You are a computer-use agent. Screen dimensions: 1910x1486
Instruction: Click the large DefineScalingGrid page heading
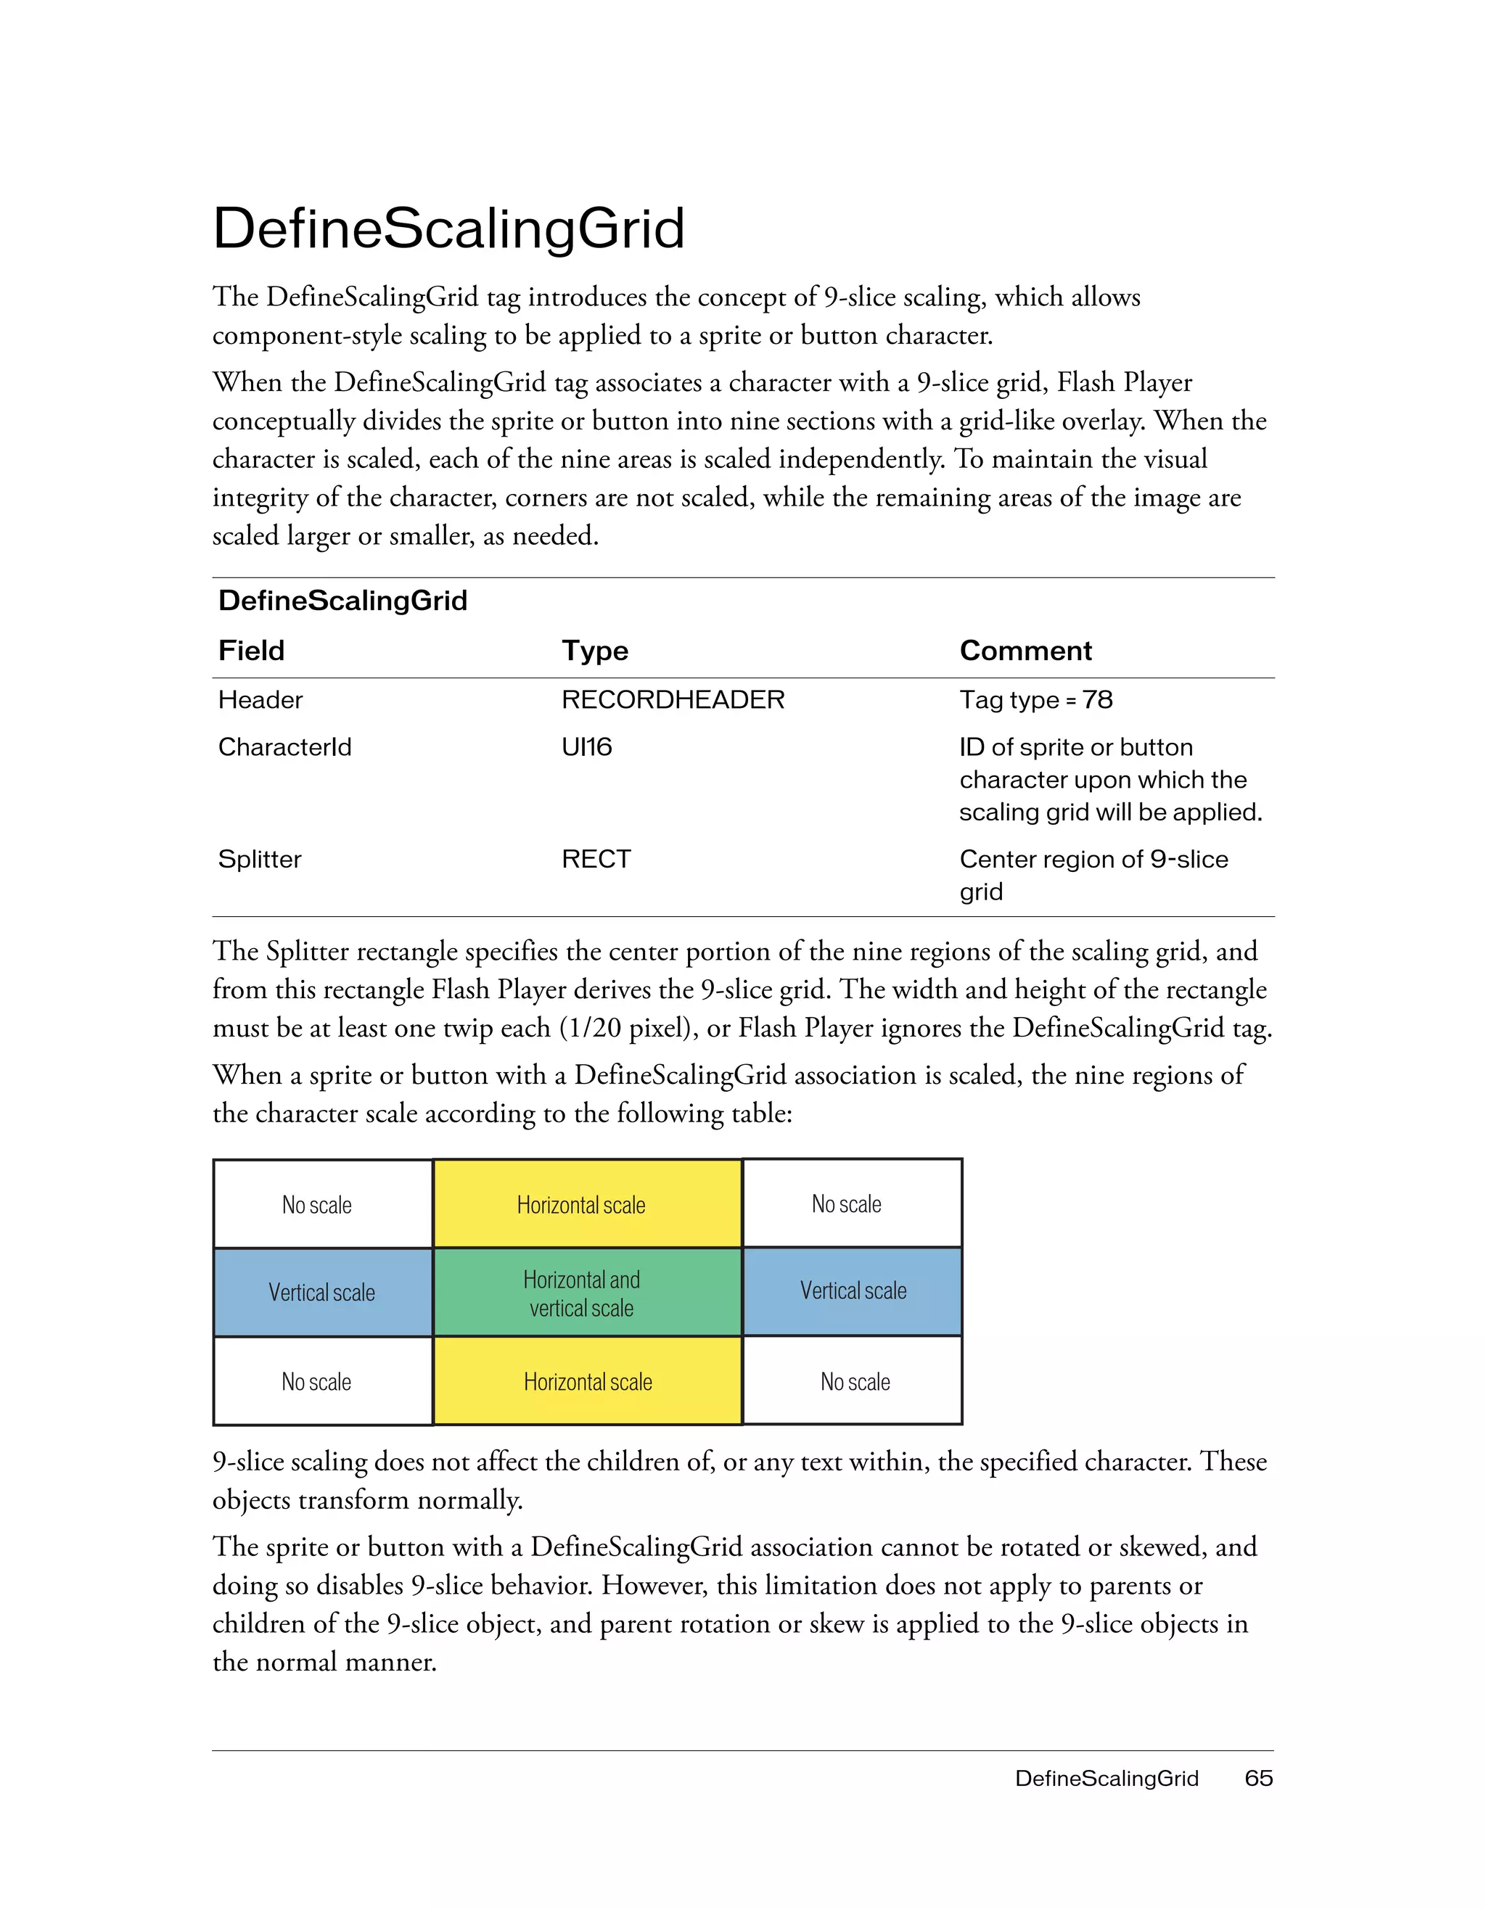click(x=448, y=229)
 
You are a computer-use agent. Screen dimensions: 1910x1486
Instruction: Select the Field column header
click(x=251, y=651)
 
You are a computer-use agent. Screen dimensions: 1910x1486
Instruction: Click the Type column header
click(x=595, y=651)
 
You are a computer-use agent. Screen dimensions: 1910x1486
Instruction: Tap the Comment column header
click(x=1025, y=651)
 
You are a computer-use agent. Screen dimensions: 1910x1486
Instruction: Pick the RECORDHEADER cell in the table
click(x=673, y=699)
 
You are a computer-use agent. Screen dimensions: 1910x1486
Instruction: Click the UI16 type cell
click(x=586, y=747)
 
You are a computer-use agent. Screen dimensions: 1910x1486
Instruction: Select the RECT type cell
click(x=596, y=859)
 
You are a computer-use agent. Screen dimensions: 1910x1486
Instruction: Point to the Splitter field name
click(x=259, y=859)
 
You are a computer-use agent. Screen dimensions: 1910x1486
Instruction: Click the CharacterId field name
click(x=284, y=747)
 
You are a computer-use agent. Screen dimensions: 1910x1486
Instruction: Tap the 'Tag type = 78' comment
click(x=1035, y=699)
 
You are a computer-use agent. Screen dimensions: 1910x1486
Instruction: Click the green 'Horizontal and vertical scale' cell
click(x=582, y=1293)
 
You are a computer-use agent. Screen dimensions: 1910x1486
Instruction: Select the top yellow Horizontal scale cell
click(x=582, y=1205)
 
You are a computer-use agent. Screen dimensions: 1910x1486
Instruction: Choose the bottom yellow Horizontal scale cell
click(x=588, y=1382)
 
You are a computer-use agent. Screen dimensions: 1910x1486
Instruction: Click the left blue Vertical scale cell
click(x=322, y=1293)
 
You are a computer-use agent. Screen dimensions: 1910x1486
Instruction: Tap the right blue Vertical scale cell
click(x=853, y=1291)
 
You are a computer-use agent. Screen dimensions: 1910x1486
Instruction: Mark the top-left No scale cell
click(x=316, y=1205)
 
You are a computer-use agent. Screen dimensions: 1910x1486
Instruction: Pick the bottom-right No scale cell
click(x=855, y=1382)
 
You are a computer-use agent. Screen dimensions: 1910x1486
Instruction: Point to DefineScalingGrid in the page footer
click(x=1106, y=1778)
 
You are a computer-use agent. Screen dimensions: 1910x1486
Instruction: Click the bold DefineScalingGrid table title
click(x=343, y=601)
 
